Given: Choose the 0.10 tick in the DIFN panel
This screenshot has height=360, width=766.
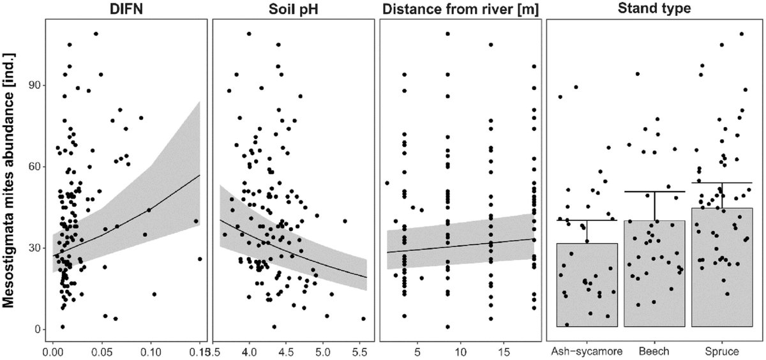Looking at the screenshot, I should click(151, 352).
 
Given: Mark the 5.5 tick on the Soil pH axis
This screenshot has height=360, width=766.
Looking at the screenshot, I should click(359, 352).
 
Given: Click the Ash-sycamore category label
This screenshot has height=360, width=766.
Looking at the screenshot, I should click(587, 352).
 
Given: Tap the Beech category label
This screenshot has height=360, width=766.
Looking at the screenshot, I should click(654, 352).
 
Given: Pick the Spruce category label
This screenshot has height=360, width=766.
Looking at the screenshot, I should click(721, 352).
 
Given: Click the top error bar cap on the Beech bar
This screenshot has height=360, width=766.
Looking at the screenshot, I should click(654, 191).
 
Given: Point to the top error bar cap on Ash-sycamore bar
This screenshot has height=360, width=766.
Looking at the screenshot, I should click(587, 220).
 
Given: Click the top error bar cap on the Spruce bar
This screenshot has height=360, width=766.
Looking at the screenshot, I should click(721, 183).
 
